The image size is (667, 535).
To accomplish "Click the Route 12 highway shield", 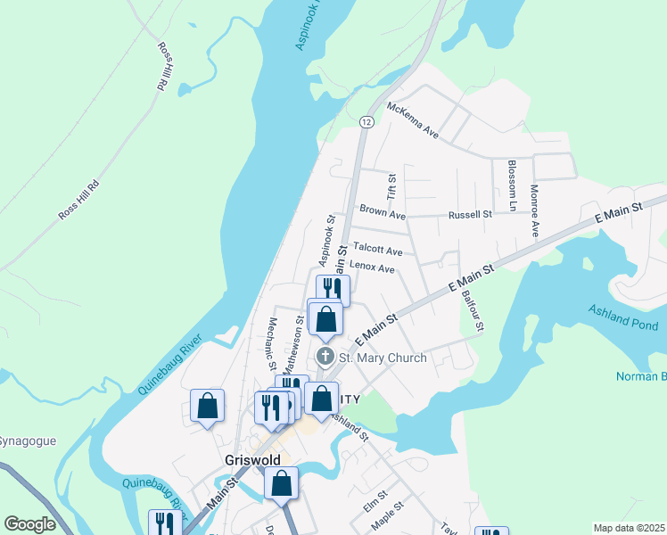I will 366,121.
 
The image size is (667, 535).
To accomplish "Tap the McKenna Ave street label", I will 413,120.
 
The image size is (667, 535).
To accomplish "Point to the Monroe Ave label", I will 534,210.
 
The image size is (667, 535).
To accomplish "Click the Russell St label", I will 470,214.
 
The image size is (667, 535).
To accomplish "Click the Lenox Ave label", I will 372,267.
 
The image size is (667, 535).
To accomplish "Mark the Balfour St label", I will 471,309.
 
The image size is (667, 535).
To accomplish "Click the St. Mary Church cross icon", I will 325,358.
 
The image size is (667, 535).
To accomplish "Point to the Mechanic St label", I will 272,343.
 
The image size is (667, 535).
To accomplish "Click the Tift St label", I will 390,186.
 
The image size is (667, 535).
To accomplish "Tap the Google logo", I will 29,524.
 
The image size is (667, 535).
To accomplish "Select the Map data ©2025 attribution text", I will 629,528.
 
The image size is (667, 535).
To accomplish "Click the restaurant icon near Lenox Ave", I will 333,289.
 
